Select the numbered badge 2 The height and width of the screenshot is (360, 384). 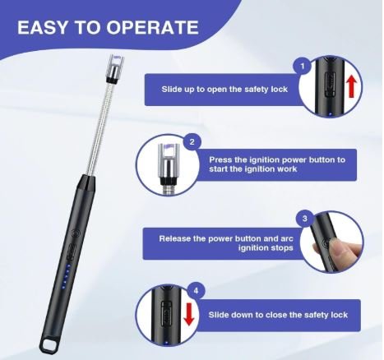[192, 142]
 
